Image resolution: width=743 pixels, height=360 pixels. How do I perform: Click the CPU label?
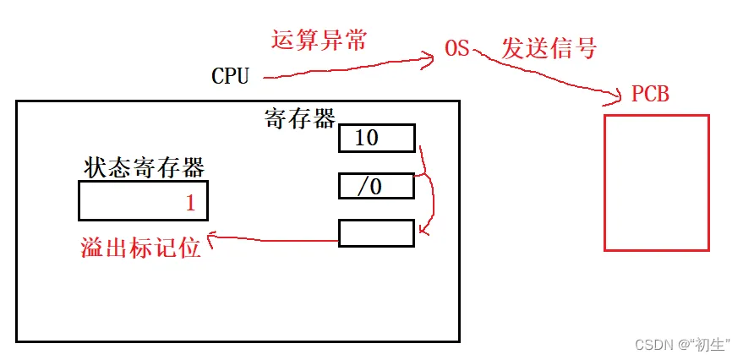(x=230, y=76)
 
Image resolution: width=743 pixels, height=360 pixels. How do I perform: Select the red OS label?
(x=456, y=49)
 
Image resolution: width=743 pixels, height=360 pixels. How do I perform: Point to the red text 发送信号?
(x=549, y=48)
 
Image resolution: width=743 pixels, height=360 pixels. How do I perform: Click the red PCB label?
(x=650, y=94)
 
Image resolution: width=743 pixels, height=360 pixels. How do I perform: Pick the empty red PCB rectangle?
(x=656, y=183)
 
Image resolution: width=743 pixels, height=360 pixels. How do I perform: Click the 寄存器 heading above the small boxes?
(x=300, y=118)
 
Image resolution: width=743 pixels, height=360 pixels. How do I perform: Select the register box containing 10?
(x=376, y=139)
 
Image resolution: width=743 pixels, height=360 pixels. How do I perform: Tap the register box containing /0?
(x=376, y=186)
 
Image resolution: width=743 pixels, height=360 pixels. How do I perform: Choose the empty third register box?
(x=376, y=233)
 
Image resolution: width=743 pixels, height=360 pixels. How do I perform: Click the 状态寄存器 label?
(x=145, y=167)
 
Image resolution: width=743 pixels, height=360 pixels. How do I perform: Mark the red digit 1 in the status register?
(x=190, y=203)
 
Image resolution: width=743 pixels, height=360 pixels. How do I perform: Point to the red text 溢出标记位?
(x=139, y=248)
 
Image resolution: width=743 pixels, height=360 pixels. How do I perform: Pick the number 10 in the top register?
(x=366, y=138)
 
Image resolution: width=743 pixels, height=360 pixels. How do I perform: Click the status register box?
(x=143, y=202)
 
